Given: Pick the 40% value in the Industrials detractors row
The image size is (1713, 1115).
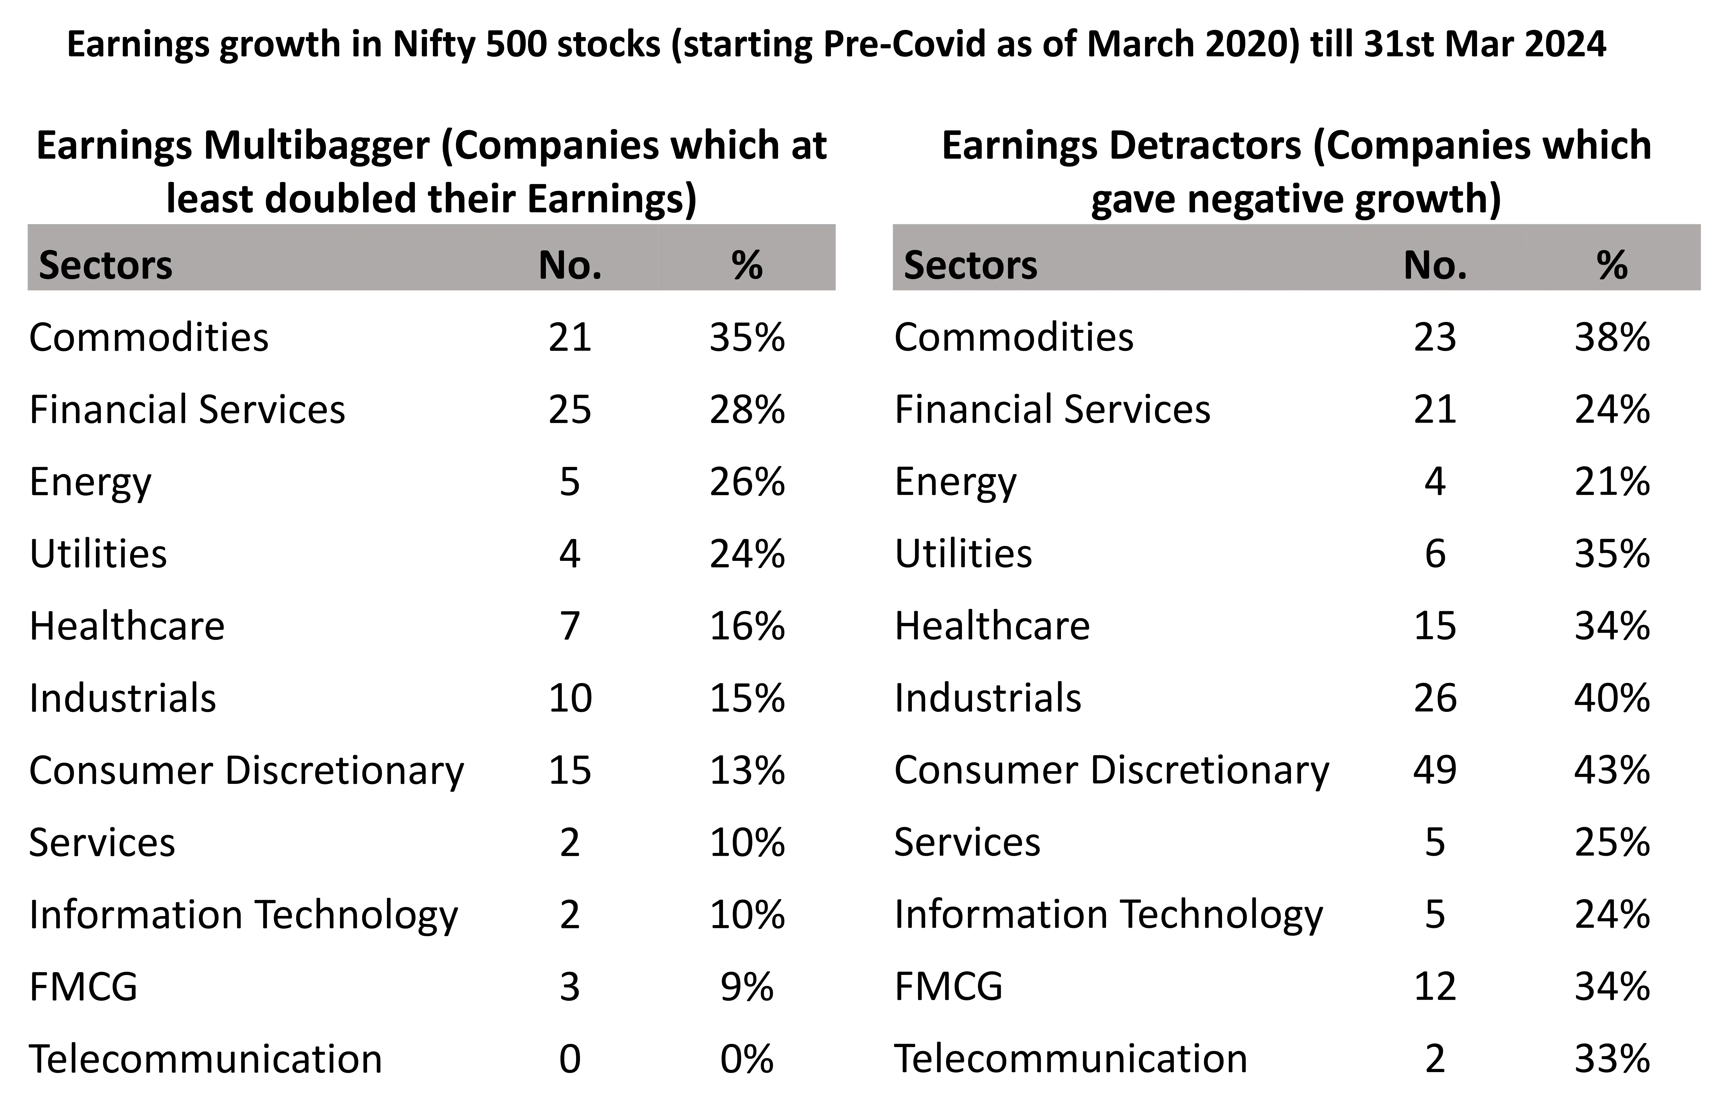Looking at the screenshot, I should tap(1612, 698).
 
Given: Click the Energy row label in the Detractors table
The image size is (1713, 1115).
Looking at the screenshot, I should tap(955, 482).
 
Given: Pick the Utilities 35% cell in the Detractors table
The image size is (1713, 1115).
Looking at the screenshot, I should tap(1612, 554).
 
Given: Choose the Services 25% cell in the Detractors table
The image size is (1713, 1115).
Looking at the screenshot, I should tap(1612, 842).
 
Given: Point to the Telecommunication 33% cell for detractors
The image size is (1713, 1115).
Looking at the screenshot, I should tap(1612, 1059).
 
